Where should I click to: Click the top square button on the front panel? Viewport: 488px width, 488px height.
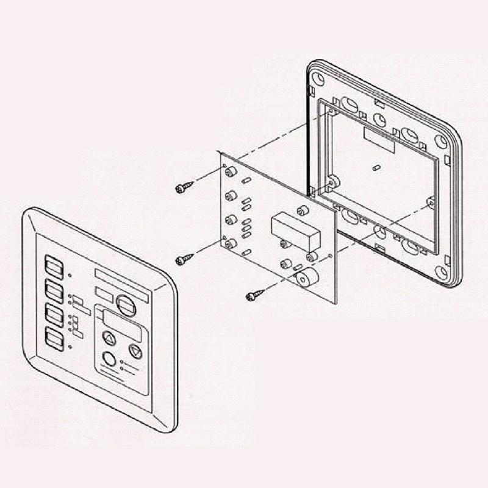coord(54,267)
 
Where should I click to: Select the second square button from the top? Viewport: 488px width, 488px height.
coord(54,292)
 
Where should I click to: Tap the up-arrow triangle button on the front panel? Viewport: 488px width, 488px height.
coord(109,339)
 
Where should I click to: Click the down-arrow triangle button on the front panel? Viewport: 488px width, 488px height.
coord(135,351)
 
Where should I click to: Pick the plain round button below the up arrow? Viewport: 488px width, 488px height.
coord(109,359)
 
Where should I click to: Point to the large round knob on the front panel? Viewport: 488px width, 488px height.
coord(126,305)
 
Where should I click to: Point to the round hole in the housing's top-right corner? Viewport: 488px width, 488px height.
coord(440,142)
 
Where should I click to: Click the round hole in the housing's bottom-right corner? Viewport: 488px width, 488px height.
coord(442,272)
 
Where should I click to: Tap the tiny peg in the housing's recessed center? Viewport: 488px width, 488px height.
coord(376,167)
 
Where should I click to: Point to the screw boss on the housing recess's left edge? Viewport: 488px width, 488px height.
coord(332,182)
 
